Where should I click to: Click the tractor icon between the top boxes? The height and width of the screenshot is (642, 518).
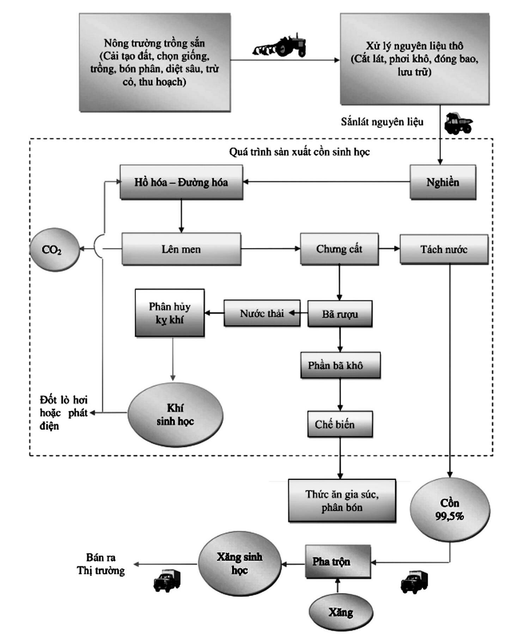point(280,45)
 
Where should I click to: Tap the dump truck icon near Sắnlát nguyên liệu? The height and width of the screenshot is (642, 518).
point(458,123)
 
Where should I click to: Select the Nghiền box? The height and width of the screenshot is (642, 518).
point(443,182)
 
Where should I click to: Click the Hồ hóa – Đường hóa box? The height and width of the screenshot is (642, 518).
point(181,182)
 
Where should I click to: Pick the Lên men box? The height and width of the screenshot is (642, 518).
point(181,249)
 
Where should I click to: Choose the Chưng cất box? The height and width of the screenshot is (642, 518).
point(339,249)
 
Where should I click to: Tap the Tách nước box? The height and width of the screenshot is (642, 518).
point(444,249)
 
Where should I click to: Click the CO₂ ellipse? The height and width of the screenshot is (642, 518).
point(55,249)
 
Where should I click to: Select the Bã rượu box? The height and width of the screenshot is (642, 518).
point(340,314)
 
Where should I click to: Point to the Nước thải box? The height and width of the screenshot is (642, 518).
point(262,313)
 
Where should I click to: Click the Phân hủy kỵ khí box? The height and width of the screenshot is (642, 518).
point(170,313)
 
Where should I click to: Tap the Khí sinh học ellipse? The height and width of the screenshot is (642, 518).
point(175,414)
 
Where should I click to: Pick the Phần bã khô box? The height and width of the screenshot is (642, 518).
point(340,365)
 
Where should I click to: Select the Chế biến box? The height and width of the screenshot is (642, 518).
point(340,424)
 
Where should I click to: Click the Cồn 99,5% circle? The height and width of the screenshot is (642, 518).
point(450,510)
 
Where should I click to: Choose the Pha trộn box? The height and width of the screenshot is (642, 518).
point(338,562)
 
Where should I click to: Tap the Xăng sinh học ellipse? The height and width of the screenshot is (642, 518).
point(239,564)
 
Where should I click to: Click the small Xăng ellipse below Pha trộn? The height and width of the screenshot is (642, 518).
point(341,612)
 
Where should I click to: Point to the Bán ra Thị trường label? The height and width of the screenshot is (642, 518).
point(101,564)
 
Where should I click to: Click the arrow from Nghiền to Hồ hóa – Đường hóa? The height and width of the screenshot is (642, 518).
point(327,182)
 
